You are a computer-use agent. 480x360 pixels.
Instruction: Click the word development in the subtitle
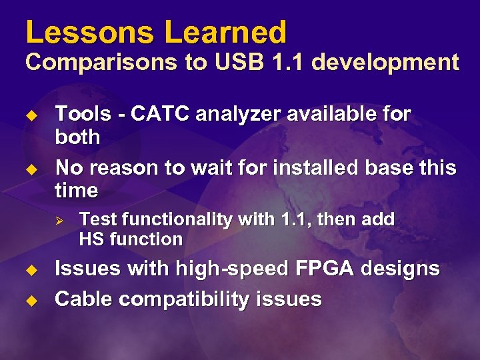coord(385,63)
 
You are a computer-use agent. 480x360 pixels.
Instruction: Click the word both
coord(77,137)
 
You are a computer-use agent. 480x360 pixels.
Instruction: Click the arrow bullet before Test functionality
coord(59,219)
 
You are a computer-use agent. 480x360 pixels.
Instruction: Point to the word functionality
coord(174,219)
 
